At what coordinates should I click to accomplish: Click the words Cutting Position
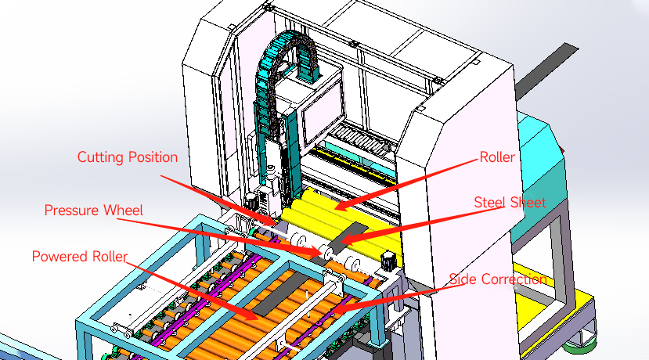tap(127, 157)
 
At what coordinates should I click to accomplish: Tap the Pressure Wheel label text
tap(95, 211)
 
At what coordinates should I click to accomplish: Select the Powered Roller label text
tap(81, 257)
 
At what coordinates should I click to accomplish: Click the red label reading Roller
tap(496, 157)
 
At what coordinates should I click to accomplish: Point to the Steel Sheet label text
tap(510, 202)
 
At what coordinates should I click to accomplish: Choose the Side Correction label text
tap(497, 279)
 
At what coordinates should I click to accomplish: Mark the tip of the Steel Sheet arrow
tap(341, 240)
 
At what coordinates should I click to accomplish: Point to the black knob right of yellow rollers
tap(387, 260)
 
